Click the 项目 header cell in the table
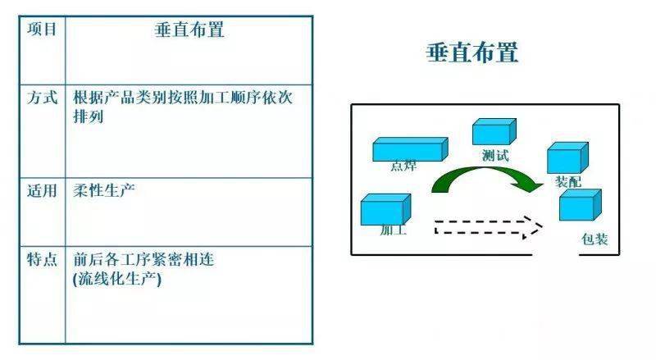click(x=42, y=30)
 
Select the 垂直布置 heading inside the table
click(x=189, y=30)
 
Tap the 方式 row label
click(x=43, y=98)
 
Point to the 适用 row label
click(x=42, y=190)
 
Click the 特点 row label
click(x=43, y=259)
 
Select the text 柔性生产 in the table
click(x=104, y=190)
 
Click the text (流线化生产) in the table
click(x=117, y=279)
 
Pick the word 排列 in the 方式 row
click(x=89, y=116)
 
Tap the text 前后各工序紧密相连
click(x=143, y=259)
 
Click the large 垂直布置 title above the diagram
click(x=472, y=52)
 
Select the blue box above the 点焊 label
click(x=411, y=149)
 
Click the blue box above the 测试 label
click(x=494, y=131)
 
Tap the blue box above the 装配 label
click(x=567, y=157)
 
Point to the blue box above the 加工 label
click(x=385, y=209)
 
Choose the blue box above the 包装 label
click(x=581, y=205)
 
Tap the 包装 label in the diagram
click(x=594, y=239)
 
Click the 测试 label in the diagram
click(x=495, y=156)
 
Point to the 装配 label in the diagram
click(x=568, y=182)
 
